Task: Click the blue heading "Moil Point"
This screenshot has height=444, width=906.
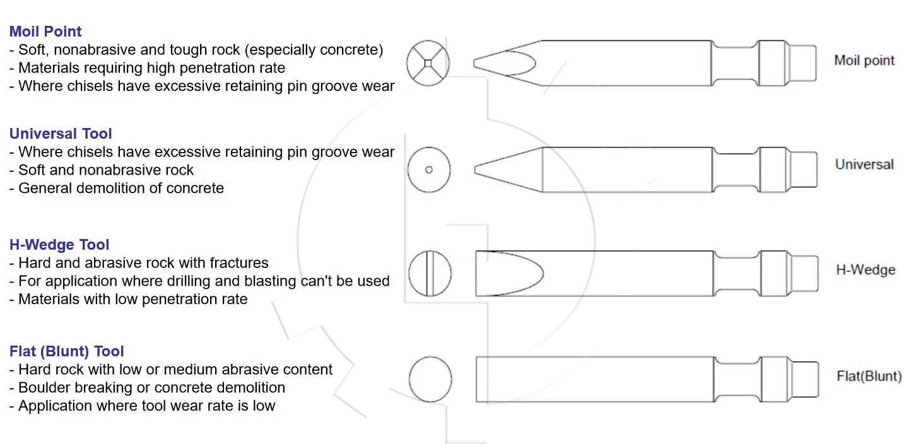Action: (x=45, y=31)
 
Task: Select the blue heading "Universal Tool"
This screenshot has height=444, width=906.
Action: (x=61, y=134)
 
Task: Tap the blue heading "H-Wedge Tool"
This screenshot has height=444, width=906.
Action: (x=59, y=244)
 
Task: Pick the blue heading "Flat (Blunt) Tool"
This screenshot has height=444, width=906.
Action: (x=66, y=351)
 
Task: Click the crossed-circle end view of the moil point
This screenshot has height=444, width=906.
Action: (x=428, y=63)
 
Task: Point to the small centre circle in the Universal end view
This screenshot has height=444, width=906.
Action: (x=429, y=170)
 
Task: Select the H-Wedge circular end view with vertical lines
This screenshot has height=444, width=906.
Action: (x=430, y=273)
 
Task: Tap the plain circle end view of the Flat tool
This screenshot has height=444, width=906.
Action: (x=430, y=379)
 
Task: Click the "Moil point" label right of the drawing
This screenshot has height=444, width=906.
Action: (x=864, y=61)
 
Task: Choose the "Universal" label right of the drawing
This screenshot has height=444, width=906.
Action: (x=864, y=164)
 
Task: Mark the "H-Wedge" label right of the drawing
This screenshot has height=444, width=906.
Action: (x=866, y=269)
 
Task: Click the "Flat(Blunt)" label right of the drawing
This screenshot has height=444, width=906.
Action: (x=869, y=376)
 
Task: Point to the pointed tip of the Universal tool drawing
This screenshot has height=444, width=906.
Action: (x=475, y=170)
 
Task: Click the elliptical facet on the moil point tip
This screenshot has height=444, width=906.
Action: (x=505, y=63)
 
